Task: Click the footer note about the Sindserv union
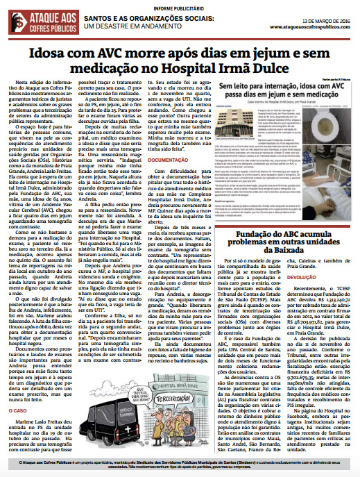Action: coord(180,464)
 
